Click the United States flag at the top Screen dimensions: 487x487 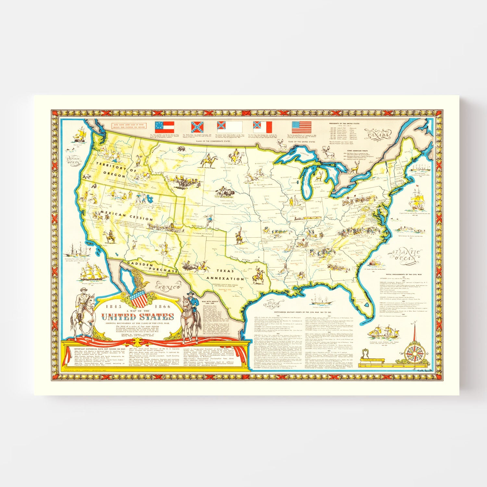coord(302,128)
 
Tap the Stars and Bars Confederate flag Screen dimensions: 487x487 coord(164,127)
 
